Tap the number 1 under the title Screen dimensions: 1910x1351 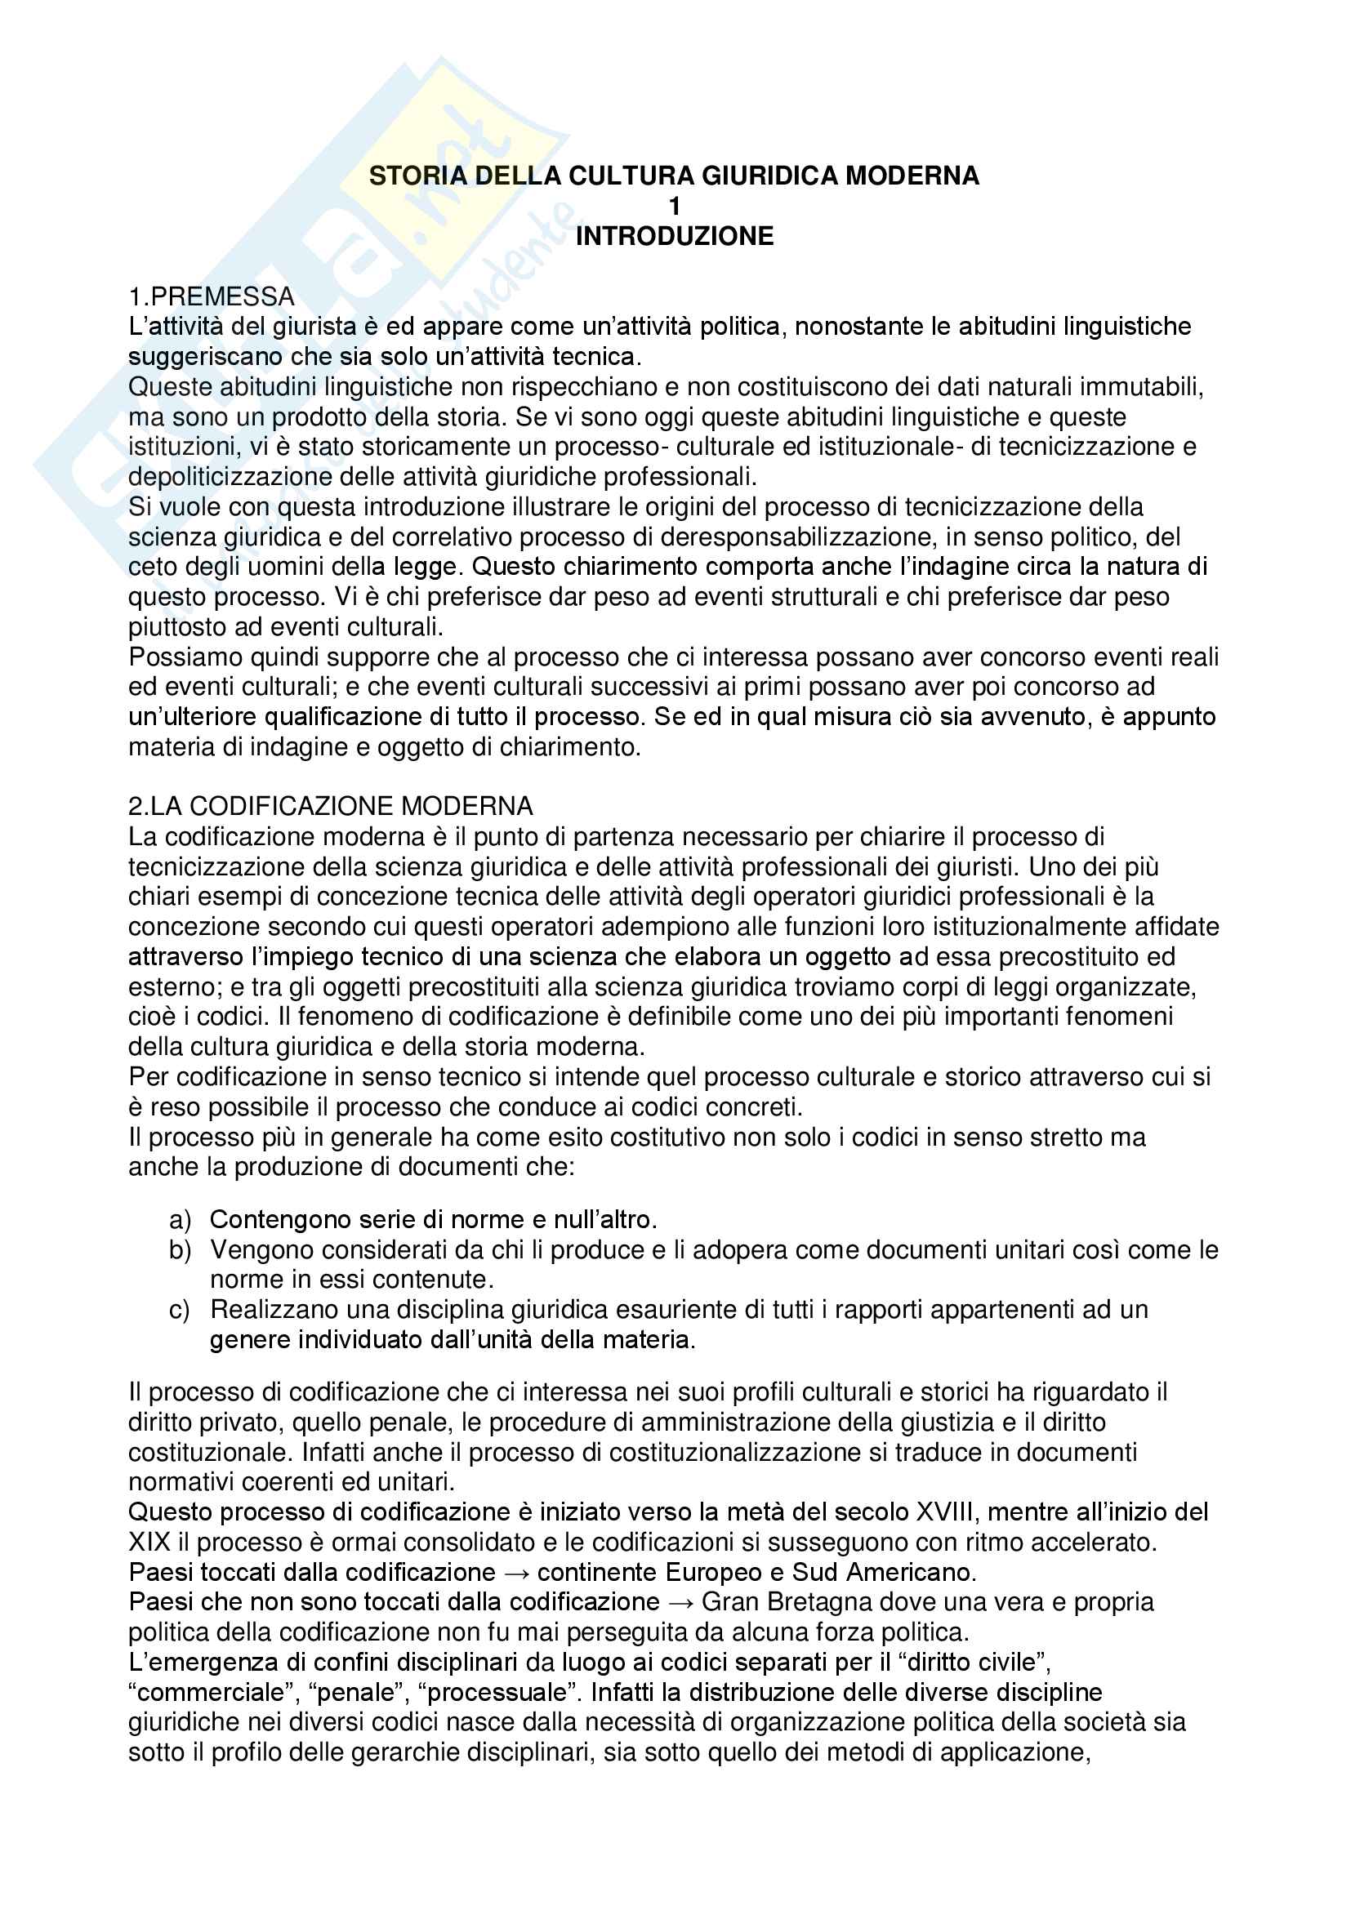click(675, 207)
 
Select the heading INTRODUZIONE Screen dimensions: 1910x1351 click(675, 236)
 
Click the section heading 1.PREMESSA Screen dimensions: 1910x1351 click(212, 296)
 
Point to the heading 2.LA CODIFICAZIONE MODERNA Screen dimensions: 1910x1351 click(330, 806)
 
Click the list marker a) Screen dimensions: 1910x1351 click(180, 1219)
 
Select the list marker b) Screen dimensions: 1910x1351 click(180, 1249)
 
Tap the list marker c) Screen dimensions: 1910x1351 click(180, 1309)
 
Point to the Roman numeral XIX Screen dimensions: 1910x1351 click(149, 1542)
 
